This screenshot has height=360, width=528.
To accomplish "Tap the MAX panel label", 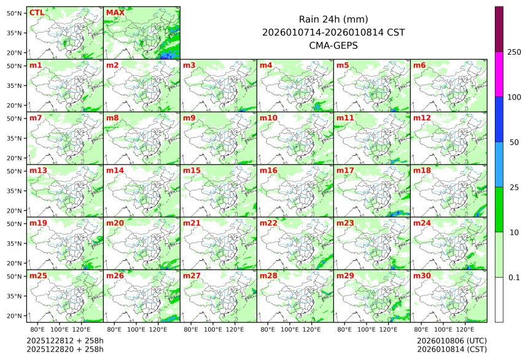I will pyautogui.click(x=115, y=12).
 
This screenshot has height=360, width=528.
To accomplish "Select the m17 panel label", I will pyautogui.click(x=345, y=171).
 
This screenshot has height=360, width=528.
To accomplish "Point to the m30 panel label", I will pyautogui.click(x=422, y=276).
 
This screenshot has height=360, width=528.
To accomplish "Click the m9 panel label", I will pyautogui.click(x=189, y=118).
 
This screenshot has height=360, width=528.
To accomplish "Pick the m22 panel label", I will pyautogui.click(x=268, y=224).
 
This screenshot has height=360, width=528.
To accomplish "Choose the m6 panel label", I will pyautogui.click(x=419, y=65).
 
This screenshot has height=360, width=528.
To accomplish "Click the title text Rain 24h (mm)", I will pyautogui.click(x=333, y=19).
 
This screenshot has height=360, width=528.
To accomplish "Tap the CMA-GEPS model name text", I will pyautogui.click(x=333, y=45).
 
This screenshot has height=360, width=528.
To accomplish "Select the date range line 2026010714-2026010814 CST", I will pyautogui.click(x=333, y=32).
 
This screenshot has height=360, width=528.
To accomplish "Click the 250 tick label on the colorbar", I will pyautogui.click(x=514, y=52).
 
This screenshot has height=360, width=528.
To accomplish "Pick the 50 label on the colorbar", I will pyautogui.click(x=514, y=142).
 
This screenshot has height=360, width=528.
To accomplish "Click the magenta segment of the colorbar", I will pyautogui.click(x=499, y=74).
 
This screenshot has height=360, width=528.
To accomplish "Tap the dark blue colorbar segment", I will pyautogui.click(x=499, y=119).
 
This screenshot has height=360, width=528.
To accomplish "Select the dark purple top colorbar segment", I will pyautogui.click(x=499, y=29).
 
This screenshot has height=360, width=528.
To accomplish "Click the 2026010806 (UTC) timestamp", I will pyautogui.click(x=451, y=340).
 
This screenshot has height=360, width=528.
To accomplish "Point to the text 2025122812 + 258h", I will pyautogui.click(x=65, y=340).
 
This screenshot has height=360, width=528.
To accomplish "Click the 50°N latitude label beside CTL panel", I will pyautogui.click(x=14, y=13).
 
